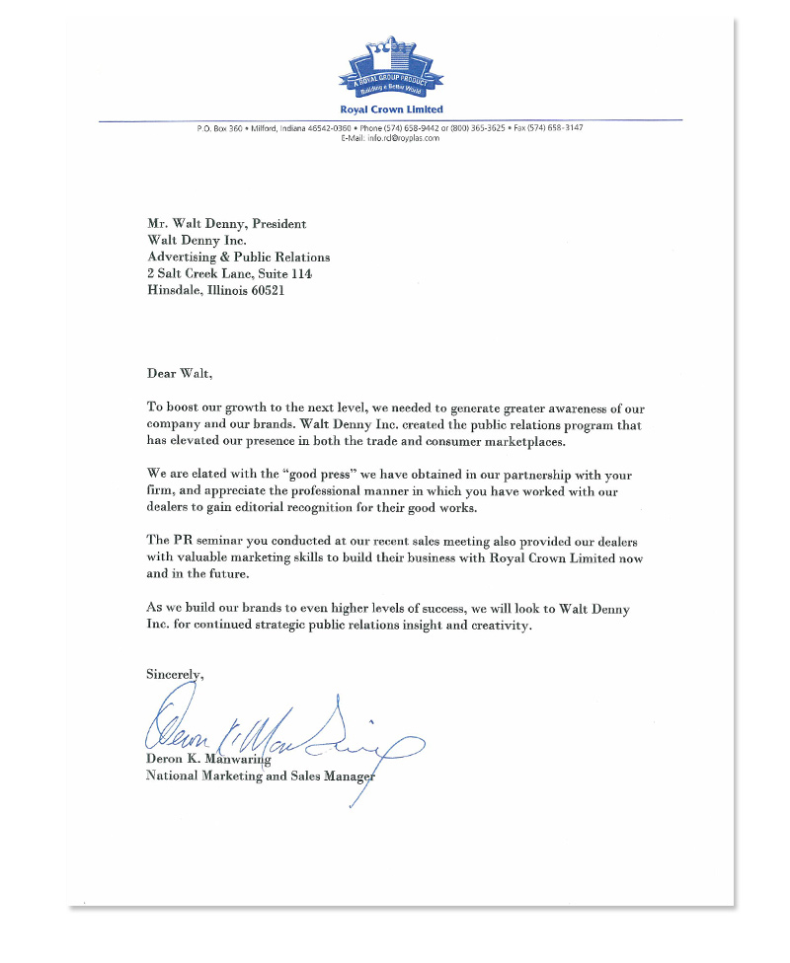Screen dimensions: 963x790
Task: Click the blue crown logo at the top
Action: pyautogui.click(x=391, y=66)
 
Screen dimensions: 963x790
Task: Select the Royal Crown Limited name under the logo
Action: pyautogui.click(x=391, y=110)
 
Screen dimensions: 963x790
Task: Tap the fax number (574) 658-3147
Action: pyautogui.click(x=554, y=128)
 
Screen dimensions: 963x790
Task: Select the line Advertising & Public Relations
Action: pyautogui.click(x=238, y=258)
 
